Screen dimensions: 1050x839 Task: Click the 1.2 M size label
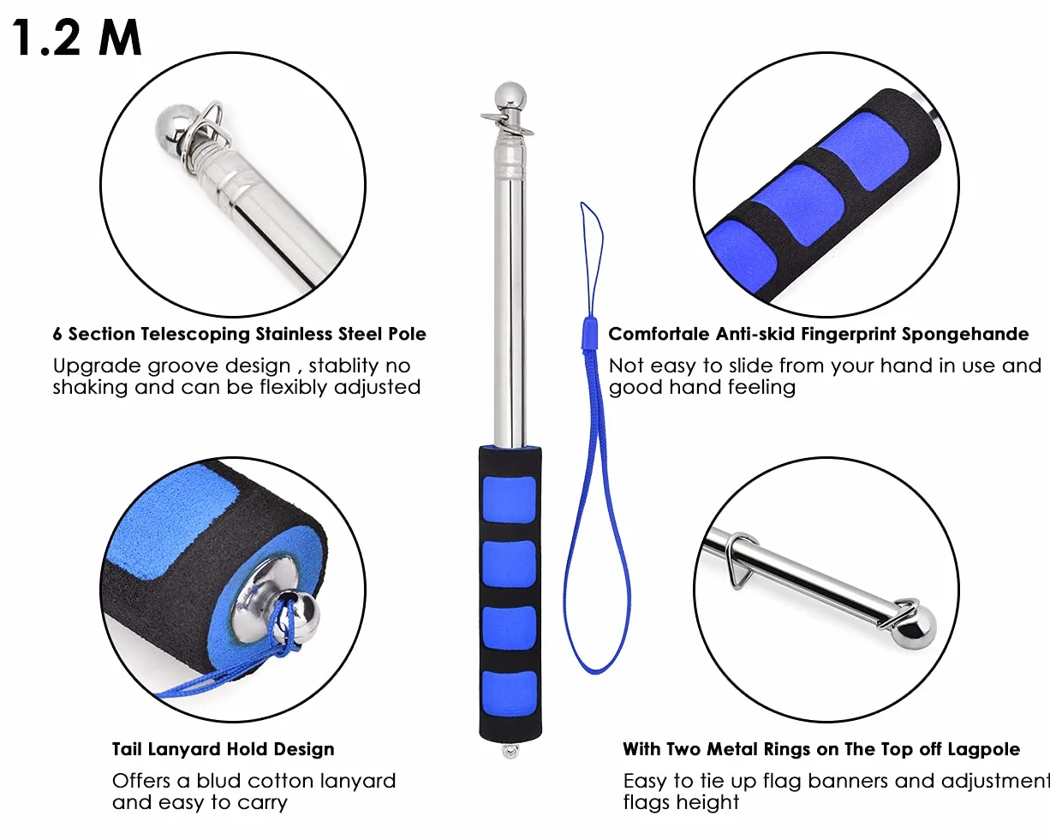tap(76, 38)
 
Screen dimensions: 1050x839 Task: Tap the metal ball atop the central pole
tap(510, 98)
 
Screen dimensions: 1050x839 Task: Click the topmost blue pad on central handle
tap(509, 500)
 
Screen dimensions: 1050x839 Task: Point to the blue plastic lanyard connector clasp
tap(589, 333)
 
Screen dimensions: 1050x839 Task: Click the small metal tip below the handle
tap(510, 752)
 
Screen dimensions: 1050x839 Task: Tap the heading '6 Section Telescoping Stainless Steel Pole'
tap(240, 334)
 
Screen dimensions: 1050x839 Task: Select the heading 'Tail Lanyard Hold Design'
tap(223, 749)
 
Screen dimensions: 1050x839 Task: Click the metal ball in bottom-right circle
tap(915, 628)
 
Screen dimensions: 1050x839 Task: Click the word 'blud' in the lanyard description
tap(223, 781)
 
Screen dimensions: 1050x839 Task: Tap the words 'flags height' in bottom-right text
tap(681, 803)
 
